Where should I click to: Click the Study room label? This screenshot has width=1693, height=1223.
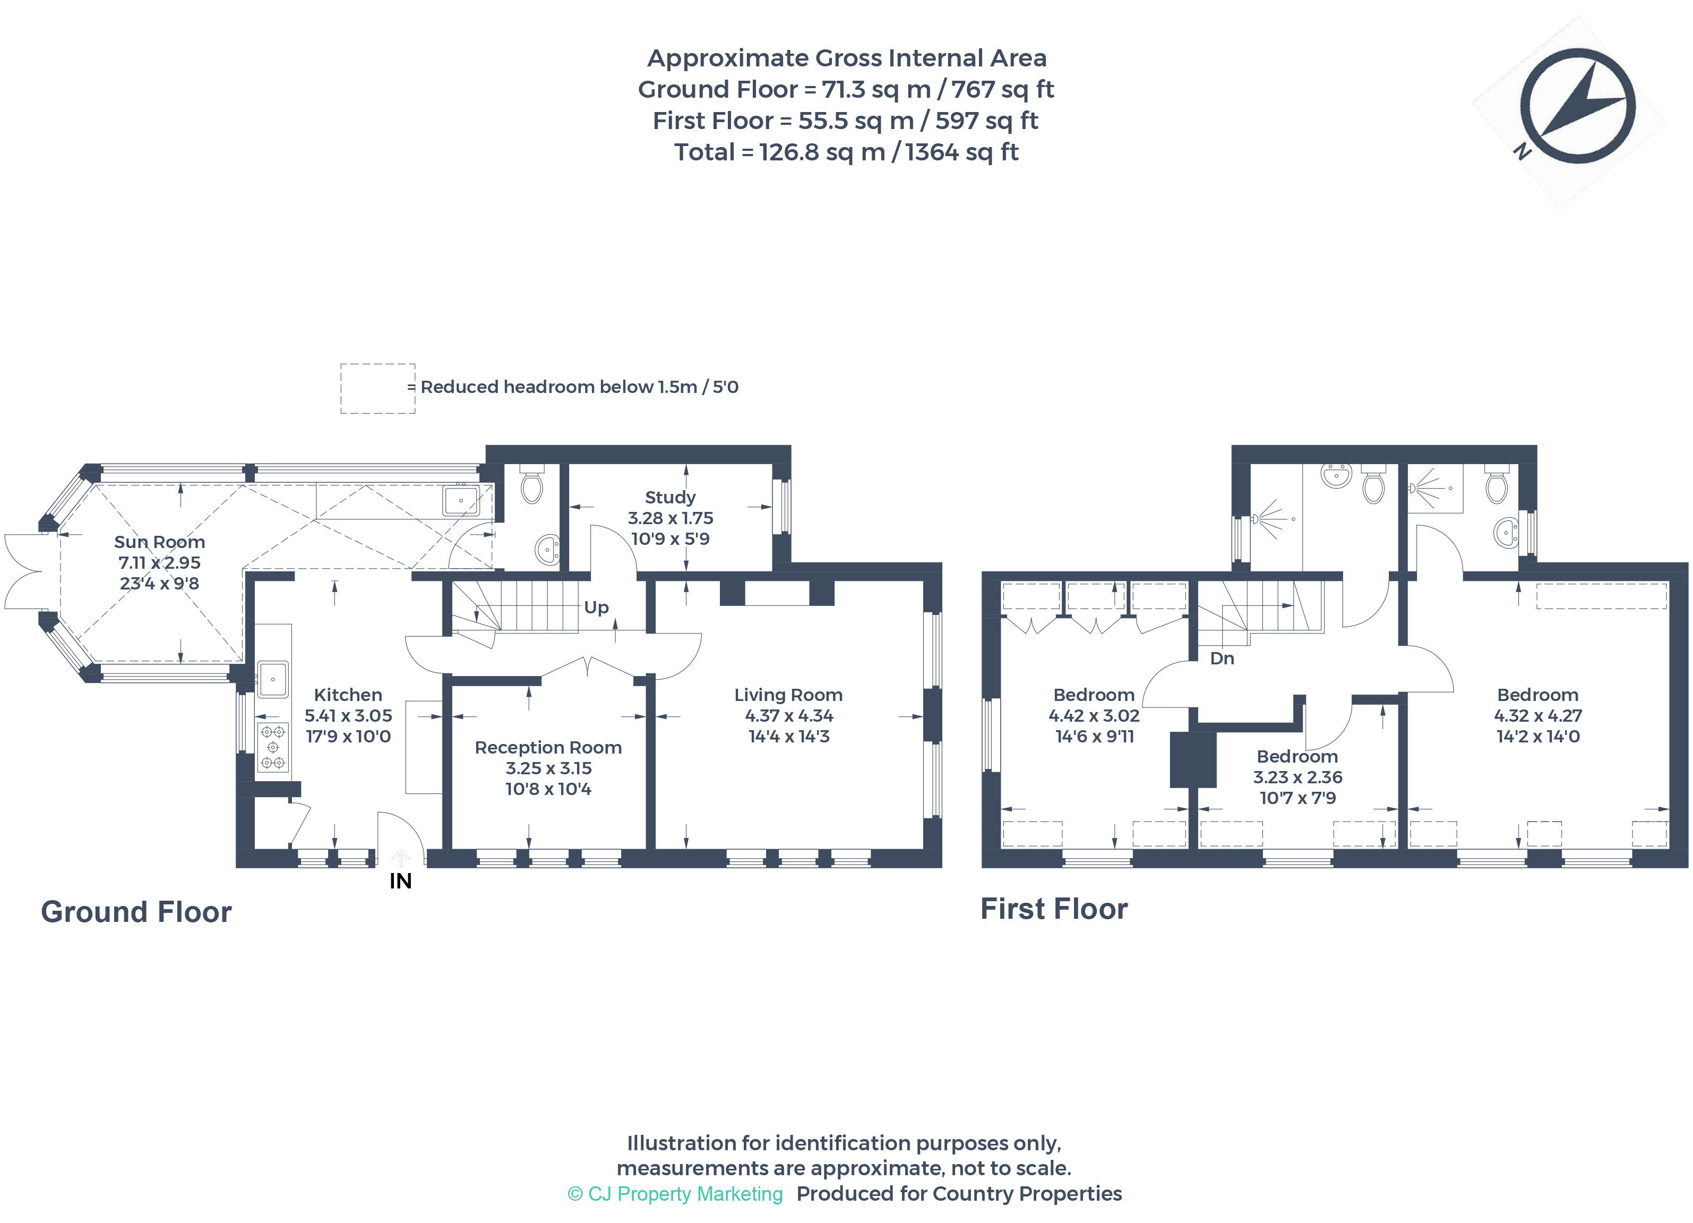(669, 497)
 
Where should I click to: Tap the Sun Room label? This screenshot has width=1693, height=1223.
(159, 542)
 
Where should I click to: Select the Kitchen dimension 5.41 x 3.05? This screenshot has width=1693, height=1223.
(348, 715)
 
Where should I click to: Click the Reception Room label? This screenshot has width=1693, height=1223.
(548, 747)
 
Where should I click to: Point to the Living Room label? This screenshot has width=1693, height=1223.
(788, 695)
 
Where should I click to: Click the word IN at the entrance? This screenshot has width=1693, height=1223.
(400, 881)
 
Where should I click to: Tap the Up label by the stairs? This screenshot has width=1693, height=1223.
(596, 607)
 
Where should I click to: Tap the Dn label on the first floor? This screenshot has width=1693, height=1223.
(1222, 658)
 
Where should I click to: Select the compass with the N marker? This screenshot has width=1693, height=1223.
(1577, 107)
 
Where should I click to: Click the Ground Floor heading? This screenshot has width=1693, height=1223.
(136, 912)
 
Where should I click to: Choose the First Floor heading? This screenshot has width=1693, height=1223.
(1053, 909)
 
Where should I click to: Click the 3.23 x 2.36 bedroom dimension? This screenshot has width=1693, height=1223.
(1297, 777)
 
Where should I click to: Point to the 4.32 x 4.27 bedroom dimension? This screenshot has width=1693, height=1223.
(1538, 715)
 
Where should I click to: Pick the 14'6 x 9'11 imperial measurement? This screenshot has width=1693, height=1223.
(1094, 736)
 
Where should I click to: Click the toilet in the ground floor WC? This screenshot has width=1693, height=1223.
(531, 487)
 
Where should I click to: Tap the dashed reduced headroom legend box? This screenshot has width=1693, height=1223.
(377, 388)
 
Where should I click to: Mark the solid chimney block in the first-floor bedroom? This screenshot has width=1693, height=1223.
(1192, 760)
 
